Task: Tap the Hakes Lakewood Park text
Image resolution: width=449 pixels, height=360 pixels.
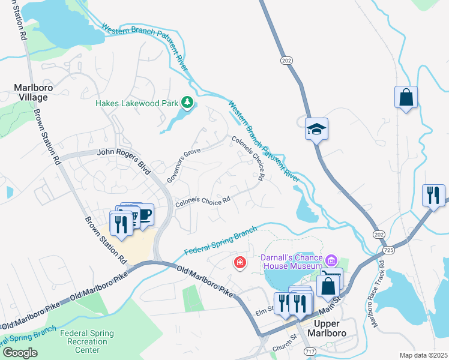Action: [x=137, y=103]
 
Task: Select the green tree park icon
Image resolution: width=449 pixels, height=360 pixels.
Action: [x=187, y=103]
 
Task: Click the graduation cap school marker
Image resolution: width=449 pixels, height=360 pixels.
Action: [x=316, y=128]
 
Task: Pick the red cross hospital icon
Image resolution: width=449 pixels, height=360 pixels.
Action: [x=240, y=263]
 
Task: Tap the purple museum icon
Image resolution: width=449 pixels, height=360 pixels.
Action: [x=331, y=260]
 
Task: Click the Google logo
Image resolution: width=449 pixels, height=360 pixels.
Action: [x=20, y=353]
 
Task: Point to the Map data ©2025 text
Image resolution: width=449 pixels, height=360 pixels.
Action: [x=424, y=355]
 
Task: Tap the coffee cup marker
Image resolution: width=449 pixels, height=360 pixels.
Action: [x=145, y=214]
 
